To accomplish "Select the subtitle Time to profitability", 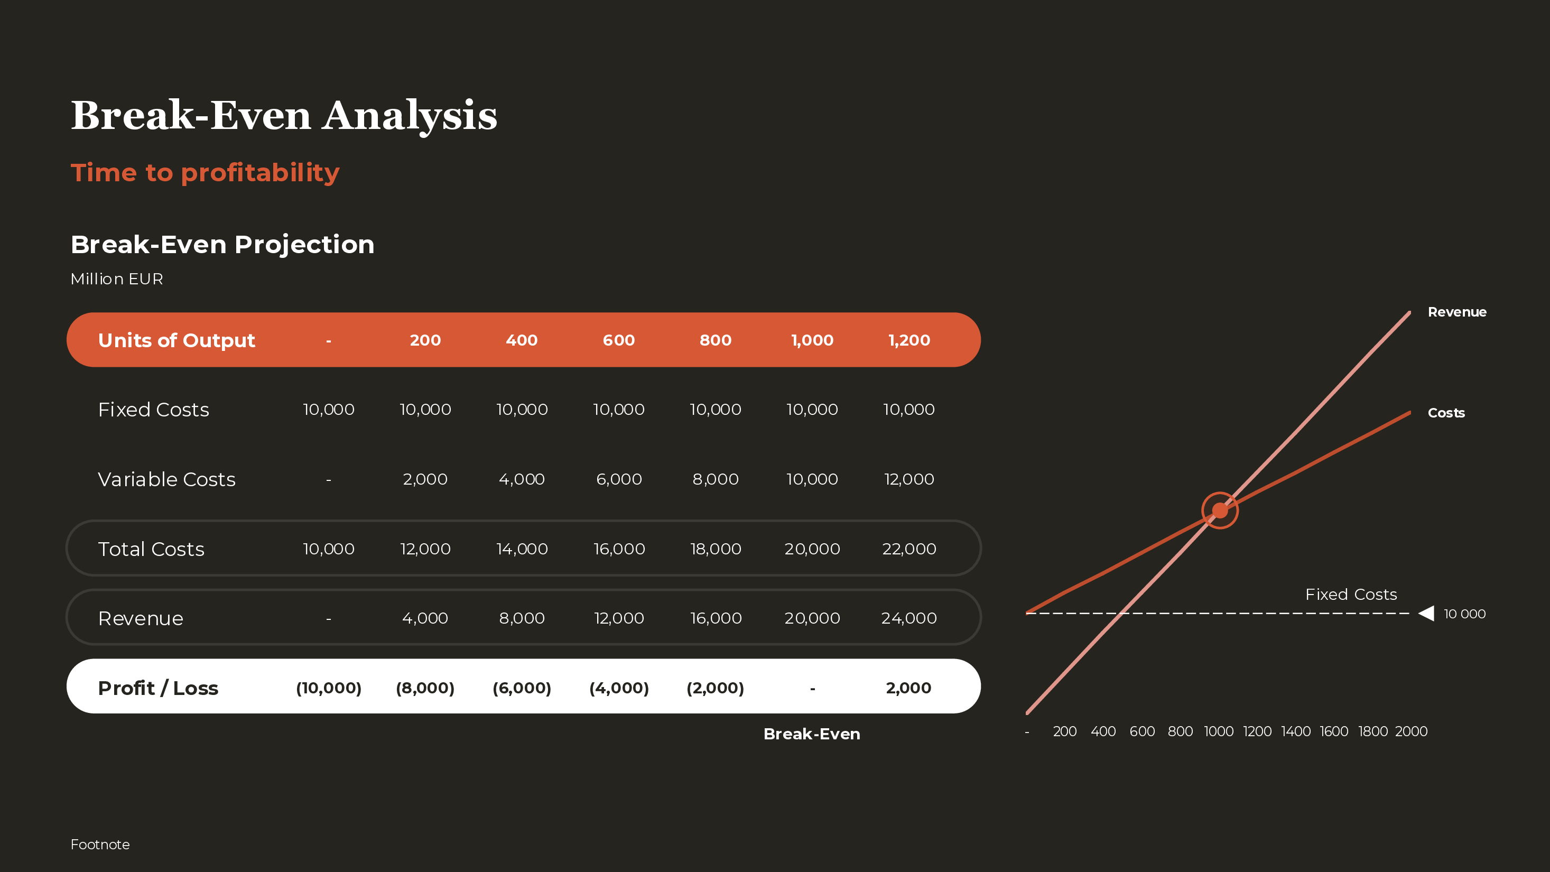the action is pos(205,173).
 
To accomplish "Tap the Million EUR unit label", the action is pos(117,279).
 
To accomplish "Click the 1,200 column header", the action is pos(909,340).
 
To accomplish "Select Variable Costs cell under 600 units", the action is pos(618,479).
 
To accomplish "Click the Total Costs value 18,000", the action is pos(716,549).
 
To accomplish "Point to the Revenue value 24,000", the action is pos(909,618).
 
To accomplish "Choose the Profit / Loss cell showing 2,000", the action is pos(908,688).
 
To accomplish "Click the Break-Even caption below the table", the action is pos(812,734).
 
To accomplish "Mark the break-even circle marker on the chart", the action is pos(1220,511).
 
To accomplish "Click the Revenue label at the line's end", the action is pos(1457,312).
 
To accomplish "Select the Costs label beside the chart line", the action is pos(1446,413).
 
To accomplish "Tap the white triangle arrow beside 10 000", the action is pos(1427,613).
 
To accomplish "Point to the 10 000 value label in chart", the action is pos(1464,614).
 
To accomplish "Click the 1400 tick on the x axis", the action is pos(1295,731).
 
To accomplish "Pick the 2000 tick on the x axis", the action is pos(1411,731).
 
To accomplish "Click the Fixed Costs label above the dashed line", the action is pos(1351,595).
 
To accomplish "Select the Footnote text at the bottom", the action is pos(100,845).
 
